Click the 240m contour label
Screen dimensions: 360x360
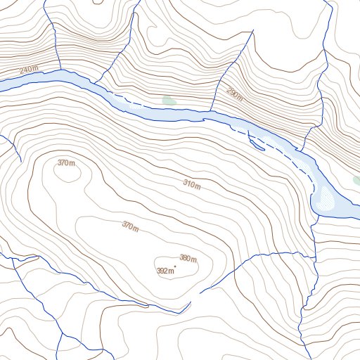28,70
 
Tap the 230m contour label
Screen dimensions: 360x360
234,93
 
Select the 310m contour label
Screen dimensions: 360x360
192,185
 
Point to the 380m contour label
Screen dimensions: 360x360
188,258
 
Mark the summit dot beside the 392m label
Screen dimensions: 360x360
175,266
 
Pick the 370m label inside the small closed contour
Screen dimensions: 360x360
66,163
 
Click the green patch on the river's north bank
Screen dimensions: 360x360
168,101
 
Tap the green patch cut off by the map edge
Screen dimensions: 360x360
356,180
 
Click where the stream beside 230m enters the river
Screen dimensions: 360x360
212,110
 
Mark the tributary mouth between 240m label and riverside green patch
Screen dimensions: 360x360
97,84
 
